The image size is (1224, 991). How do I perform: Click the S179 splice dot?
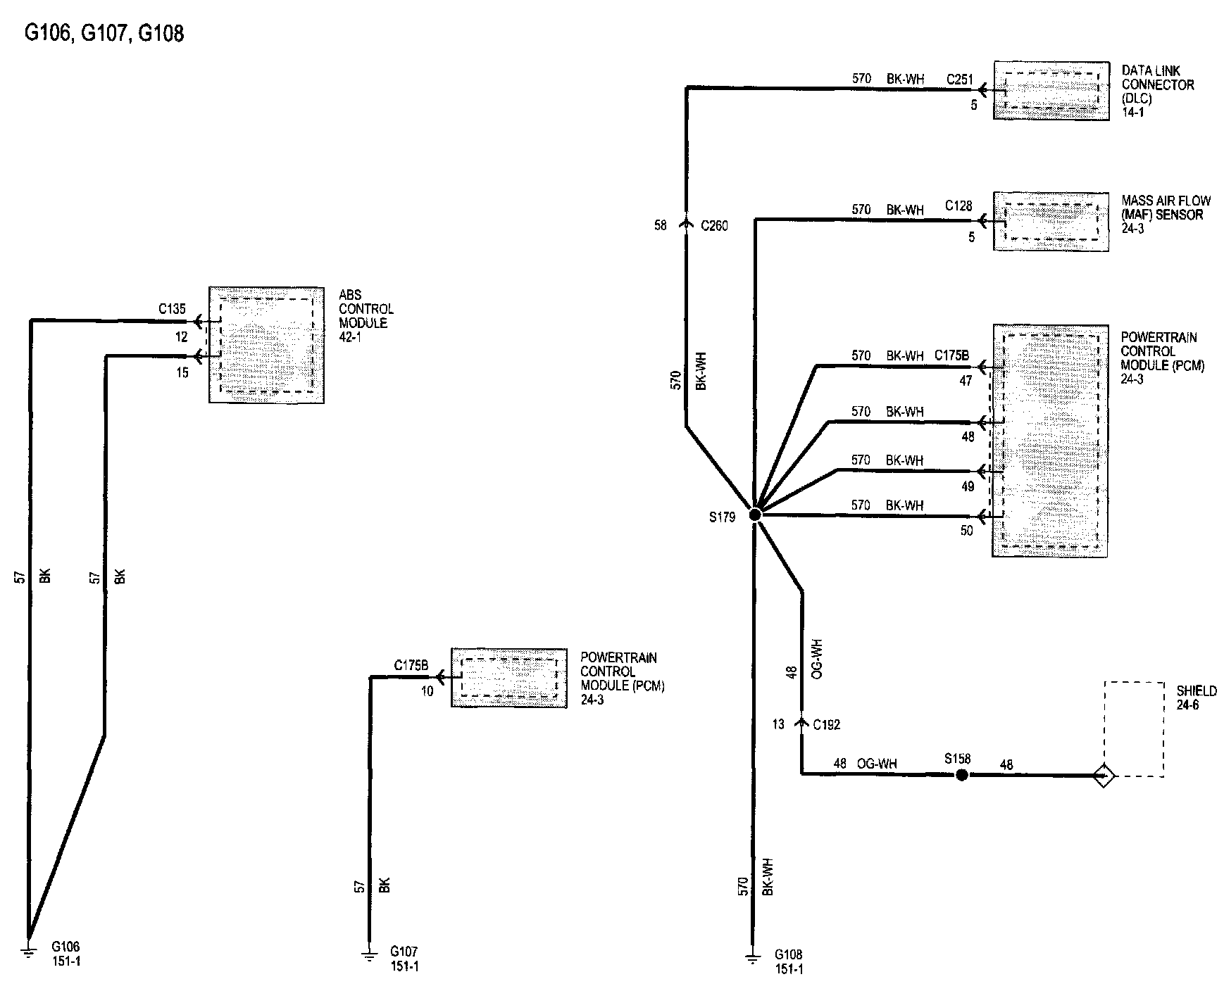pyautogui.click(x=754, y=515)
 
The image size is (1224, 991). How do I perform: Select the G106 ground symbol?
pyautogui.click(x=29, y=952)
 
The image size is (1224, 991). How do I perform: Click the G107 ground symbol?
pyautogui.click(x=368, y=955)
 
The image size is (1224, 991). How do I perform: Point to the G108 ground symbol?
pyautogui.click(x=753, y=958)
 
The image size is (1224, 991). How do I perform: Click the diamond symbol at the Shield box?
pyautogui.click(x=1104, y=776)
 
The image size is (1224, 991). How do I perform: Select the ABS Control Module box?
pyautogui.click(x=266, y=345)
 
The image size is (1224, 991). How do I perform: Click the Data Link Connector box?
pyautogui.click(x=1051, y=90)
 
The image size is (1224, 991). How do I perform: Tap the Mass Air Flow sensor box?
pyautogui.click(x=1051, y=220)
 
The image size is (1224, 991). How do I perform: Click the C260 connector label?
pyautogui.click(x=714, y=226)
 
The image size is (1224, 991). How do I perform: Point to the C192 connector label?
pyautogui.click(x=826, y=725)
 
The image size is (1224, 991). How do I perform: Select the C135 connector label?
pyautogui.click(x=172, y=308)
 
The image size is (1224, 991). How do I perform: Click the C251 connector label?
pyautogui.click(x=958, y=80)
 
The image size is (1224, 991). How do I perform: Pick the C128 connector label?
pyautogui.click(x=958, y=206)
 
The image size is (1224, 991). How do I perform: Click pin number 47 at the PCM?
pyautogui.click(x=966, y=381)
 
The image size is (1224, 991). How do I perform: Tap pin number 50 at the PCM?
pyautogui.click(x=966, y=531)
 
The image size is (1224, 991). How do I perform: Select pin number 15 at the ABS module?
pyautogui.click(x=182, y=373)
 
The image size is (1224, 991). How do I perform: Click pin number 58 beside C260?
pyautogui.click(x=660, y=226)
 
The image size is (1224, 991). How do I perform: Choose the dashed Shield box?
pyautogui.click(x=1133, y=728)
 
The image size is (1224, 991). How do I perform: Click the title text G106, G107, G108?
pyautogui.click(x=105, y=33)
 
